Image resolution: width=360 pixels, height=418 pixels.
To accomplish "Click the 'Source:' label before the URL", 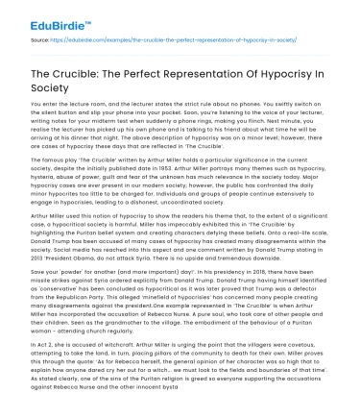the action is click(x=41, y=39).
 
